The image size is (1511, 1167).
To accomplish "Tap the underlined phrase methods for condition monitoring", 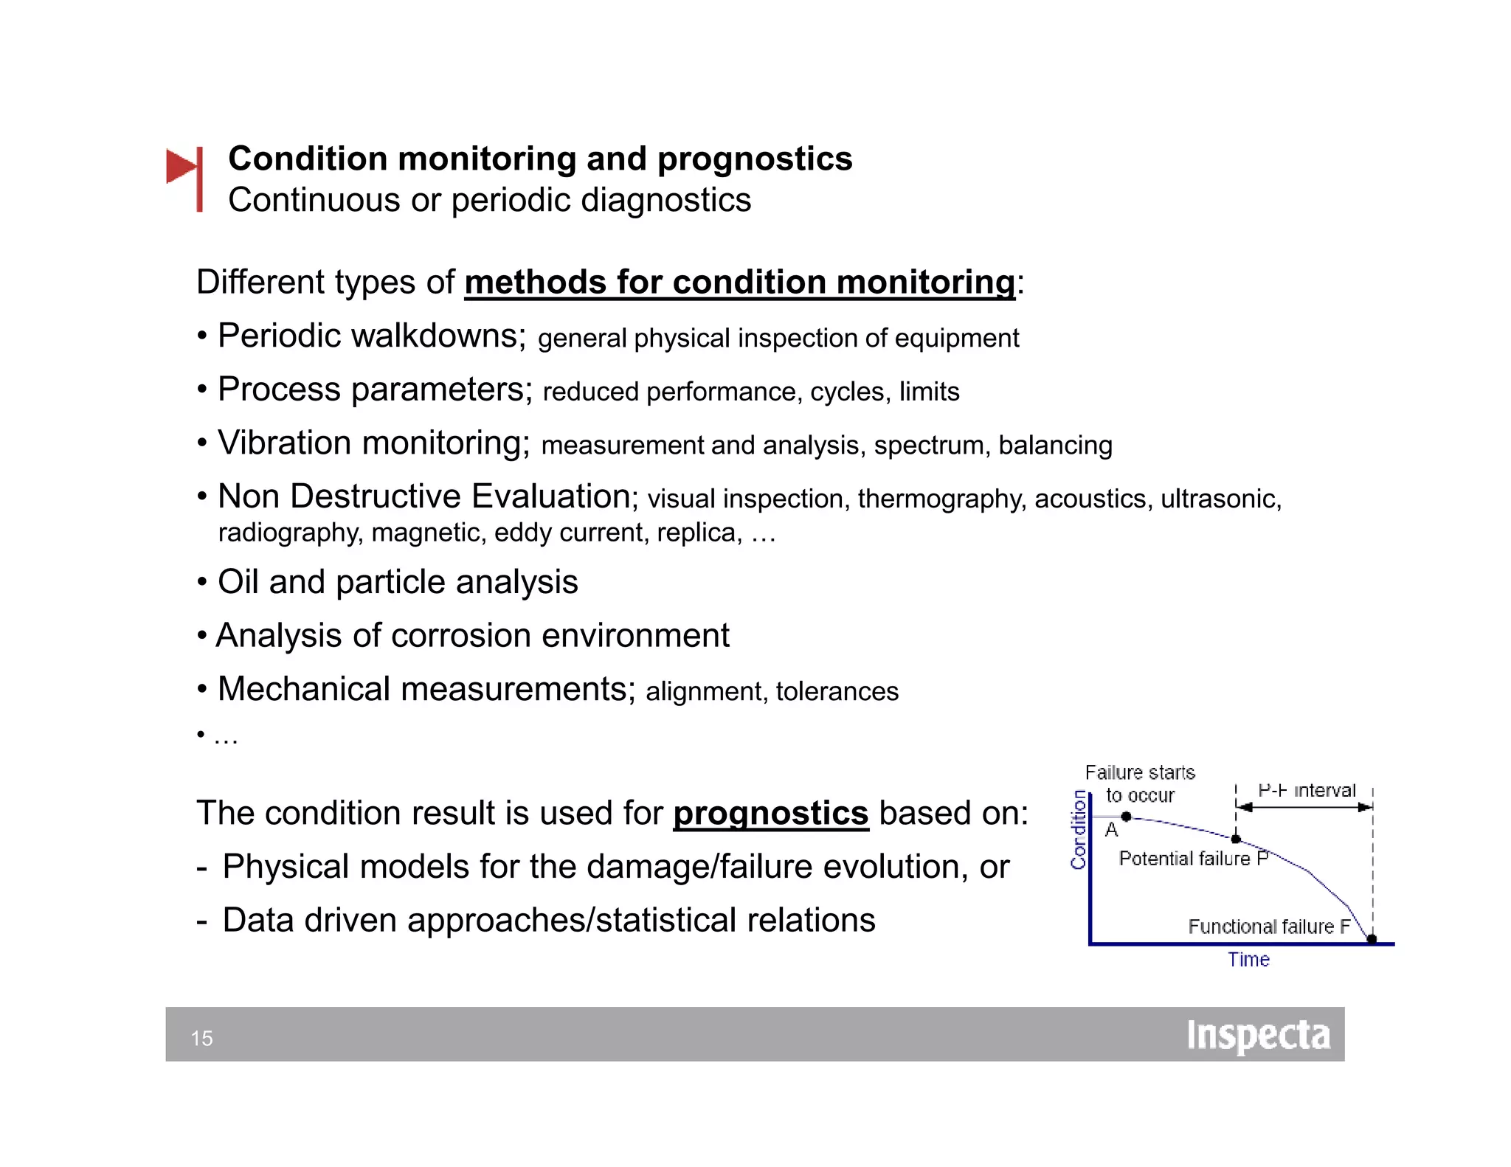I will (x=739, y=283).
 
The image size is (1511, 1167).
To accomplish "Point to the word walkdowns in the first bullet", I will (x=438, y=336).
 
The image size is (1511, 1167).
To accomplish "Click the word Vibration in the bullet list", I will (x=284, y=443).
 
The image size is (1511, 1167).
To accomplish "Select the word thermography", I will (x=941, y=499).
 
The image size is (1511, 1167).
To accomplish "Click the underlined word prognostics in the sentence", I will (x=770, y=814).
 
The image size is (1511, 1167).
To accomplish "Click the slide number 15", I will (x=201, y=1038).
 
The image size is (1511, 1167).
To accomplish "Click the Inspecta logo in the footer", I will (x=1258, y=1036).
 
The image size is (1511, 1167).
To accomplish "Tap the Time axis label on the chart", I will (x=1248, y=960).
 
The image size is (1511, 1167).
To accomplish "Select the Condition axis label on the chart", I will (x=1079, y=830).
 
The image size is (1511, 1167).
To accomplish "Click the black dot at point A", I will (x=1126, y=817).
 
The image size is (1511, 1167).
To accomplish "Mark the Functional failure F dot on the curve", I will (x=1372, y=939).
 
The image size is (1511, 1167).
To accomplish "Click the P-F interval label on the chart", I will (x=1307, y=791).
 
